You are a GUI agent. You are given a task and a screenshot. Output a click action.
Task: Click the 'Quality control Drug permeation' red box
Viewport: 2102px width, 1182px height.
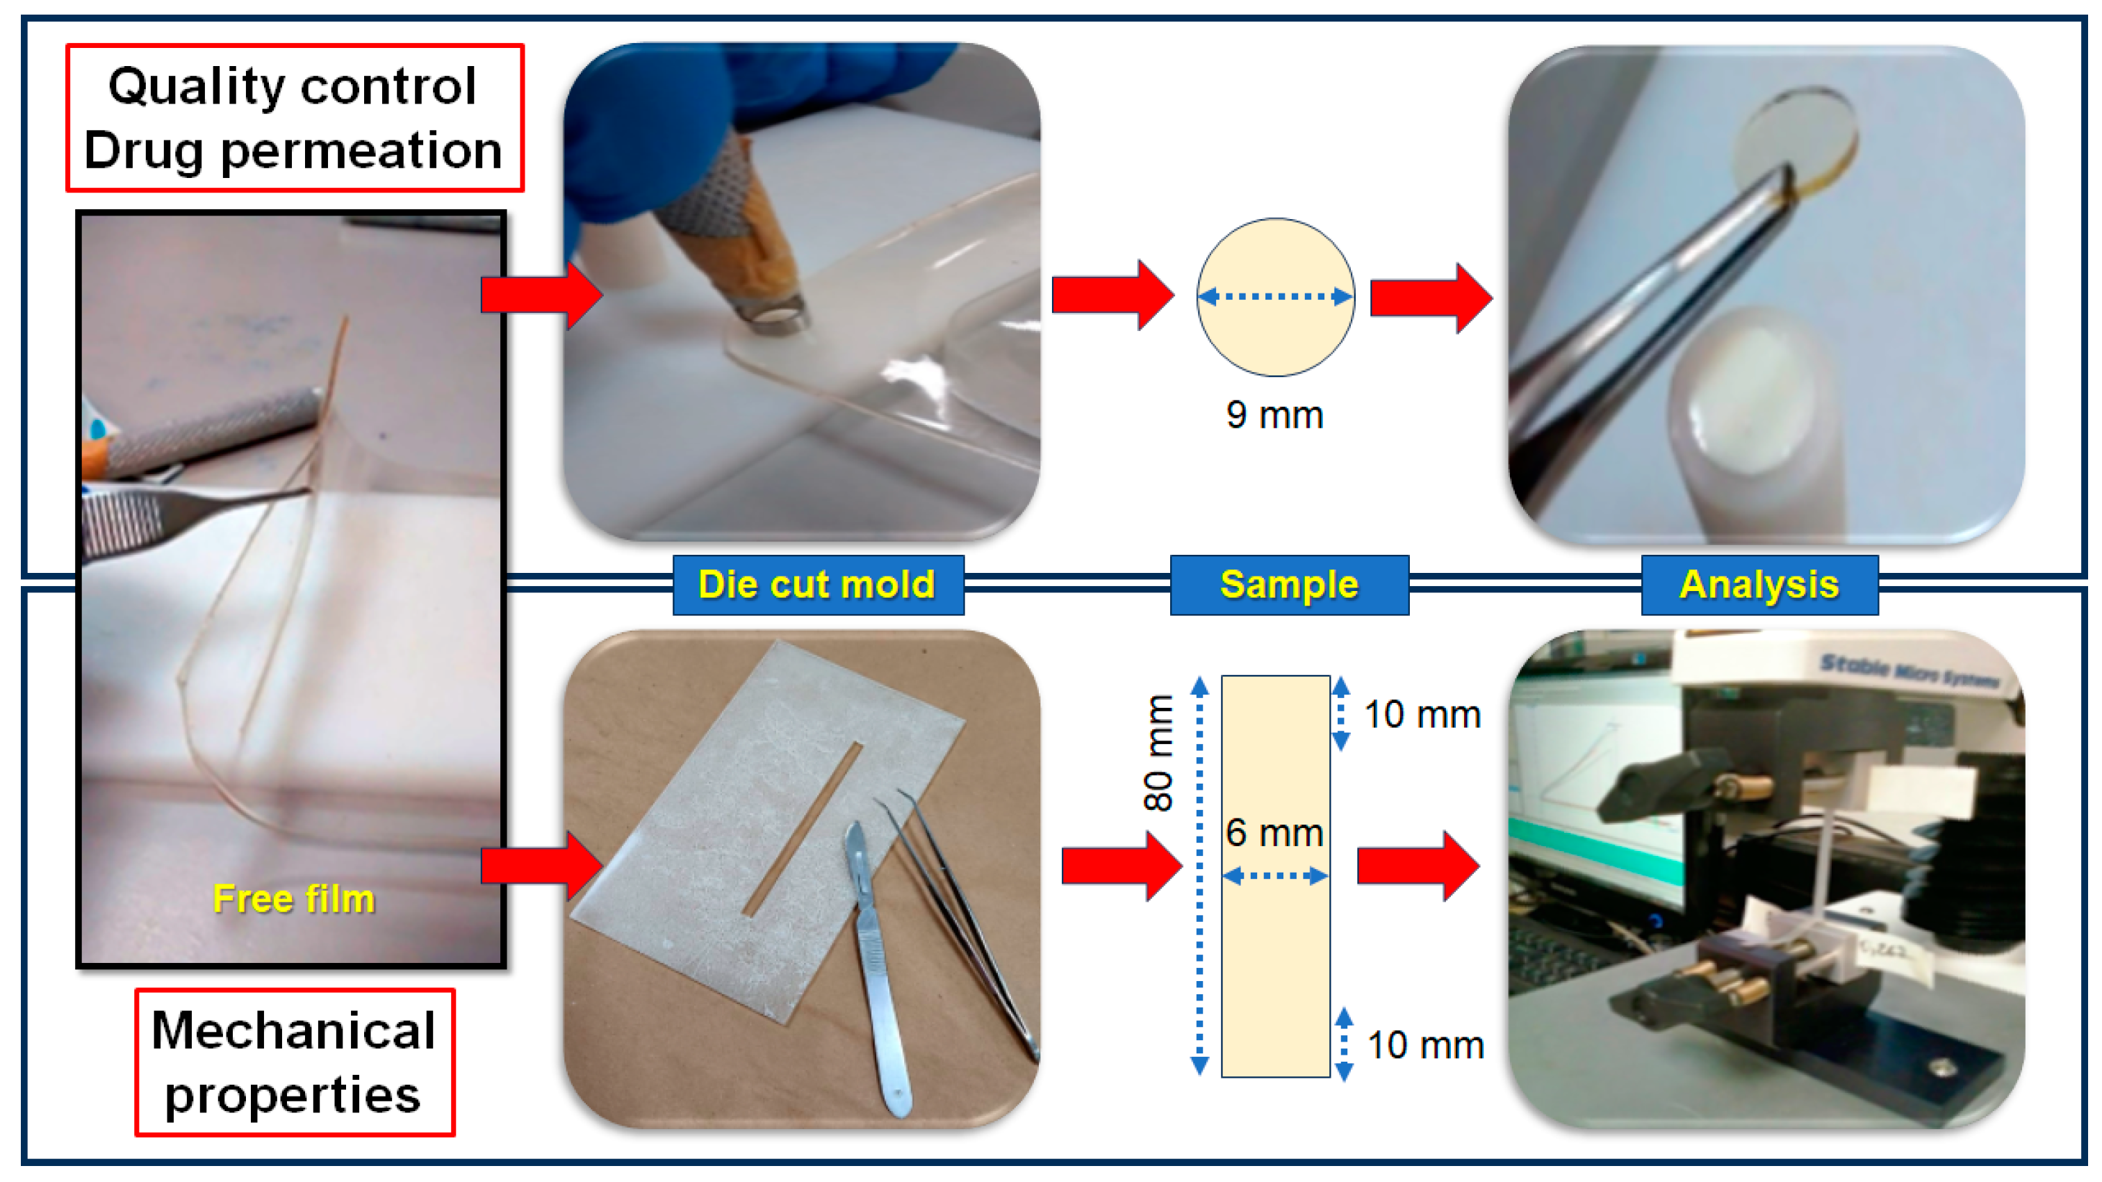294,118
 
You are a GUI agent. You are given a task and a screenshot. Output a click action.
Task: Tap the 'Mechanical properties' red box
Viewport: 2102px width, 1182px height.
294,1061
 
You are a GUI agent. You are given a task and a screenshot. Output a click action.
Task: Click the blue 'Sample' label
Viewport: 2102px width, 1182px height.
1288,585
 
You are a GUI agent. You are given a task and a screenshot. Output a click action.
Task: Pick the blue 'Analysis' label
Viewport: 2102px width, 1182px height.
1759,585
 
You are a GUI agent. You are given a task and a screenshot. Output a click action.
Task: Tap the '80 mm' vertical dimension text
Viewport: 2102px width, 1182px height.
1159,752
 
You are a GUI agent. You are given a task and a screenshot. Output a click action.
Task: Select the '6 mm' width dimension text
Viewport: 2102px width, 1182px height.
1274,833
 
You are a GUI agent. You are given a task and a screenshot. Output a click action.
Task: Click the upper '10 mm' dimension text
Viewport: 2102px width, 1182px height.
1422,715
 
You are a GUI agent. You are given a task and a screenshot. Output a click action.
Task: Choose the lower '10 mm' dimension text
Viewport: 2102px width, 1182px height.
1424,1045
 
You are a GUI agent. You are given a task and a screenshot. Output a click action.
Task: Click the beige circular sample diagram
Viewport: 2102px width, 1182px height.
1274,334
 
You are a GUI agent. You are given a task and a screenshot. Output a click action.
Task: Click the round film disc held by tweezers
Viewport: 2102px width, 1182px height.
1795,139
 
